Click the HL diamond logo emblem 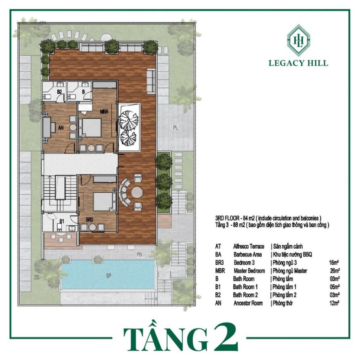[x=298, y=40]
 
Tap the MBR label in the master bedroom [x=104, y=112]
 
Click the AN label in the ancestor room [x=61, y=127]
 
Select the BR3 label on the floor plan [x=89, y=220]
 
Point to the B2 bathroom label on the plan [x=59, y=92]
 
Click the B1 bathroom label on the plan [x=62, y=221]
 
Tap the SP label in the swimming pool [x=109, y=276]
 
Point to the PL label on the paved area [x=175, y=128]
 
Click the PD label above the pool [x=139, y=255]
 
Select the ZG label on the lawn [x=37, y=278]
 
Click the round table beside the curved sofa [x=137, y=192]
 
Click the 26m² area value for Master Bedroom [x=335, y=271]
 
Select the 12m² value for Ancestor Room [x=335, y=303]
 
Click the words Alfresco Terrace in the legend [x=249, y=246]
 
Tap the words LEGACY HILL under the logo [x=298, y=63]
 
